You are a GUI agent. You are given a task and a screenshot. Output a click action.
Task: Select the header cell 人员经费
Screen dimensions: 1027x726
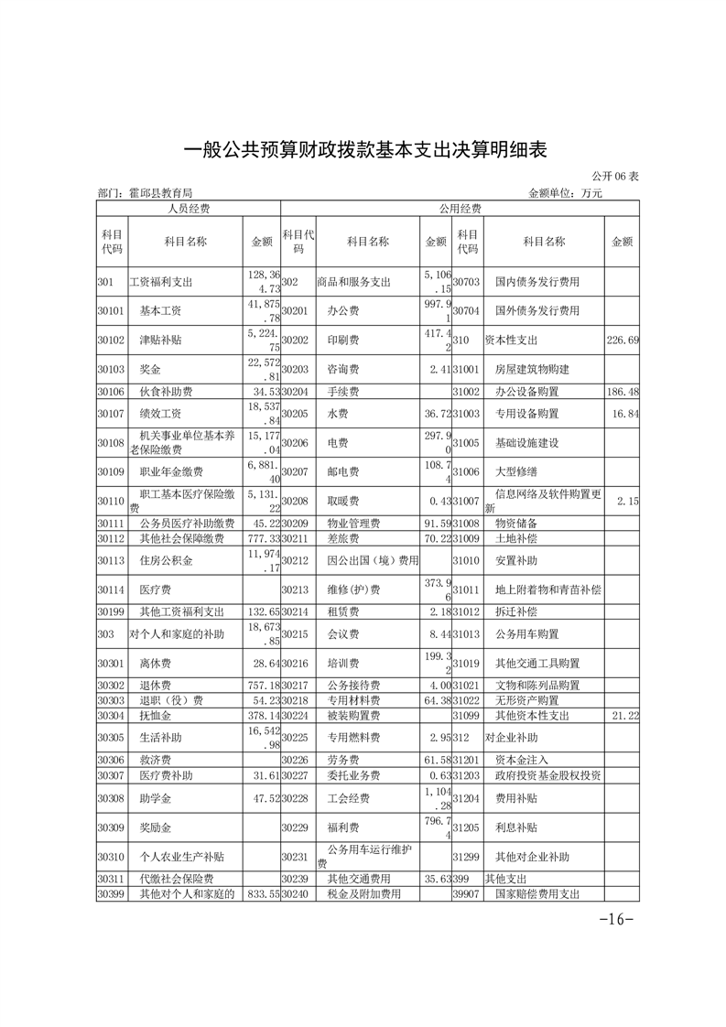click(x=188, y=209)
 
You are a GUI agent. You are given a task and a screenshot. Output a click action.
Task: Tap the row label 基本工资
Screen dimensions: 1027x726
click(x=160, y=310)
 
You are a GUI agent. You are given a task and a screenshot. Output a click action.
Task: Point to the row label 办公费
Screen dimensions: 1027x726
click(x=341, y=310)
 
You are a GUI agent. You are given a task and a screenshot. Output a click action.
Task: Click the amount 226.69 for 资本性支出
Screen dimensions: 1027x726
click(x=623, y=340)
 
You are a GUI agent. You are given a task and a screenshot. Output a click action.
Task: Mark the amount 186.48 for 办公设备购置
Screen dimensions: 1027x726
click(x=623, y=391)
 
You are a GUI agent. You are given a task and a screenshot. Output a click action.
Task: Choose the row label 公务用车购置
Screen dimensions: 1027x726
click(x=526, y=633)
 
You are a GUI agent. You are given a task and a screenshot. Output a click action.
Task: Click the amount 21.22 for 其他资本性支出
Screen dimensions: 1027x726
click(x=623, y=714)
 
